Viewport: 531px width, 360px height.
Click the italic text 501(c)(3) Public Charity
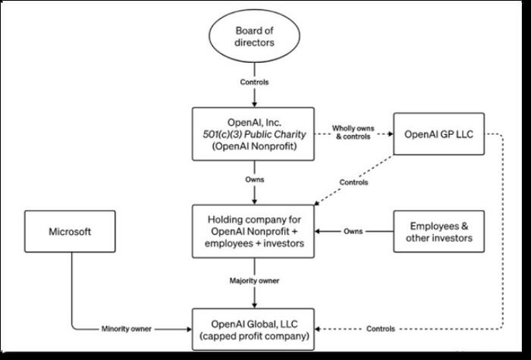click(254, 134)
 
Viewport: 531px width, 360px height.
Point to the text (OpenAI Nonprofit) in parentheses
click(254, 146)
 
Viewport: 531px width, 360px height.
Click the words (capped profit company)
click(254, 337)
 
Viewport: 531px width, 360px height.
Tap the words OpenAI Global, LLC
click(254, 324)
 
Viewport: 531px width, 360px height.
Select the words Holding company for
click(254, 219)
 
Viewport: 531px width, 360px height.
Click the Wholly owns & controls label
click(353, 133)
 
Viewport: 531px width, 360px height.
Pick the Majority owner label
click(254, 280)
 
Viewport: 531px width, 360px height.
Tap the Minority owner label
click(127, 329)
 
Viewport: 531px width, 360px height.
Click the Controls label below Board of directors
click(254, 82)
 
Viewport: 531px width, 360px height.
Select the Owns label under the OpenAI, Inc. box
click(254, 180)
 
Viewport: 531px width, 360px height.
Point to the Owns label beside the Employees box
click(353, 231)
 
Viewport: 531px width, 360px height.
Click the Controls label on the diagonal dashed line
click(353, 183)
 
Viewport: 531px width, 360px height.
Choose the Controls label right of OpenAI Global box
click(381, 329)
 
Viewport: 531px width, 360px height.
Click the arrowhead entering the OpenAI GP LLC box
click(391, 134)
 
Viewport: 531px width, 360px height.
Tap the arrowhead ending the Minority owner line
click(190, 329)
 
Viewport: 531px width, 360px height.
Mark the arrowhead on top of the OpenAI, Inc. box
click(254, 105)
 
